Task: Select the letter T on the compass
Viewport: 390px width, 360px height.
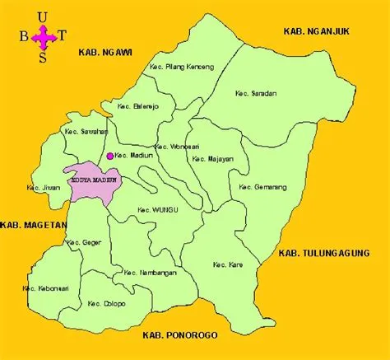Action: pyautogui.click(x=64, y=36)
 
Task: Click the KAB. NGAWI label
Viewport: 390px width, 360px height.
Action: pyautogui.click(x=100, y=52)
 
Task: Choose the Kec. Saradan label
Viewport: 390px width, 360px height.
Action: pyautogui.click(x=255, y=93)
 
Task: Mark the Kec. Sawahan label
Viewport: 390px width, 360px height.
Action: pyautogui.click(x=84, y=131)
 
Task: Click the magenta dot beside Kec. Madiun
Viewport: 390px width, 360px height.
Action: pyautogui.click(x=109, y=155)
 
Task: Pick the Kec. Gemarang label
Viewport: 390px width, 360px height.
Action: pyautogui.click(x=262, y=188)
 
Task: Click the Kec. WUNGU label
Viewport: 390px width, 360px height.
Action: pyautogui.click(x=159, y=209)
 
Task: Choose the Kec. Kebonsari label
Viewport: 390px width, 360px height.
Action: pyautogui.click(x=45, y=288)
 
